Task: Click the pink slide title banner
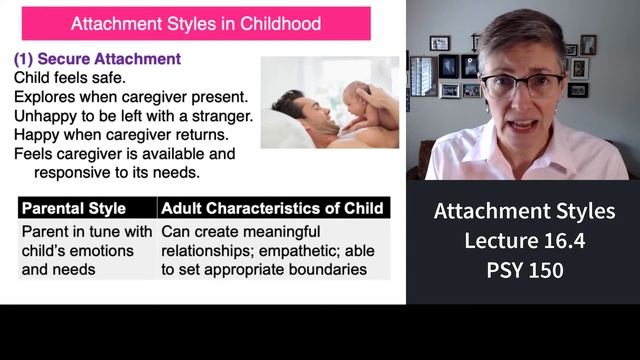click(196, 22)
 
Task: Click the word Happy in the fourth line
click(37, 135)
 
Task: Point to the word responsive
click(75, 172)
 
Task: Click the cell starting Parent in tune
click(86, 250)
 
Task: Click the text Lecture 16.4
click(523, 241)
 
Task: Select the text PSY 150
click(523, 270)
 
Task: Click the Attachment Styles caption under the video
click(523, 212)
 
